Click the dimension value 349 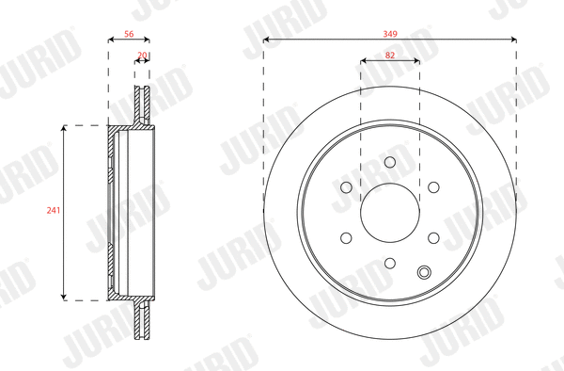(389, 33)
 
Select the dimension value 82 (389, 56)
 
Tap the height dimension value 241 (54, 211)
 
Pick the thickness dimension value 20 (142, 56)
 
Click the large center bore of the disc (389, 213)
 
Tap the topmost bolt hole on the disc (389, 162)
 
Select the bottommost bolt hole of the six (389, 264)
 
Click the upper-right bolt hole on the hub (433, 187)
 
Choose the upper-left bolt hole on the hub (345, 187)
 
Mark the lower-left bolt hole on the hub (345, 238)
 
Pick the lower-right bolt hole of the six (433, 238)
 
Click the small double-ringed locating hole (424, 273)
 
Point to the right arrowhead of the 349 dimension (513, 40)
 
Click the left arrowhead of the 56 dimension (111, 40)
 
